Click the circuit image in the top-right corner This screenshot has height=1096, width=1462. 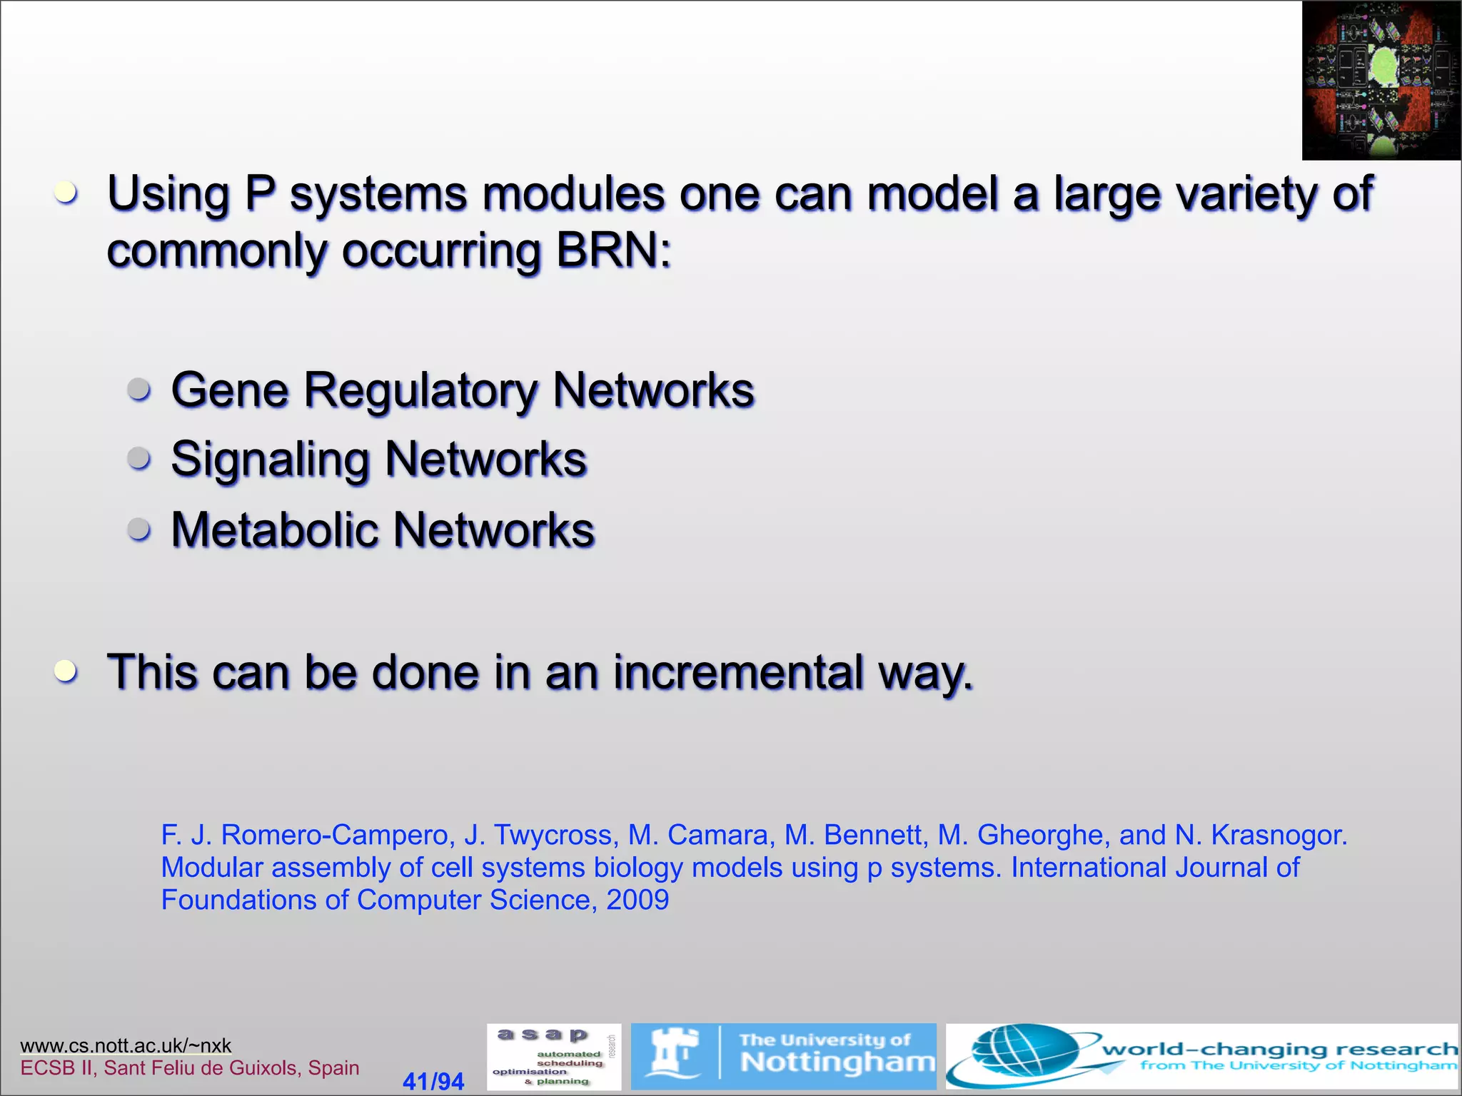pyautogui.click(x=1381, y=80)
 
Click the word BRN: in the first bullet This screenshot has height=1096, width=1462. pyautogui.click(x=613, y=251)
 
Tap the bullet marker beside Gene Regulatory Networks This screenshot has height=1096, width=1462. pyautogui.click(x=139, y=390)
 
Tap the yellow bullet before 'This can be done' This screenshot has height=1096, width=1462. pyautogui.click(x=66, y=671)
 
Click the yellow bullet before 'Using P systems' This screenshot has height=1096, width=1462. pyautogui.click(x=66, y=191)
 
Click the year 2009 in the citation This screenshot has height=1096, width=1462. pyautogui.click(x=637, y=900)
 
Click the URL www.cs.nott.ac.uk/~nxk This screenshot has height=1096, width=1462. pyautogui.click(x=126, y=1045)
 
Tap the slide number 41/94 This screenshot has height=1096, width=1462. pyautogui.click(x=433, y=1081)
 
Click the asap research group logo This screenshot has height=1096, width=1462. pyautogui.click(x=554, y=1057)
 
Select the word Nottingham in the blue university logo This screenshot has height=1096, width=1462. pyautogui.click(x=837, y=1062)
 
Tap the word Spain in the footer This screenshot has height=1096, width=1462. pyautogui.click(x=333, y=1068)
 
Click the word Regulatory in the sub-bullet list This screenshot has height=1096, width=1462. pyautogui.click(x=421, y=391)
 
